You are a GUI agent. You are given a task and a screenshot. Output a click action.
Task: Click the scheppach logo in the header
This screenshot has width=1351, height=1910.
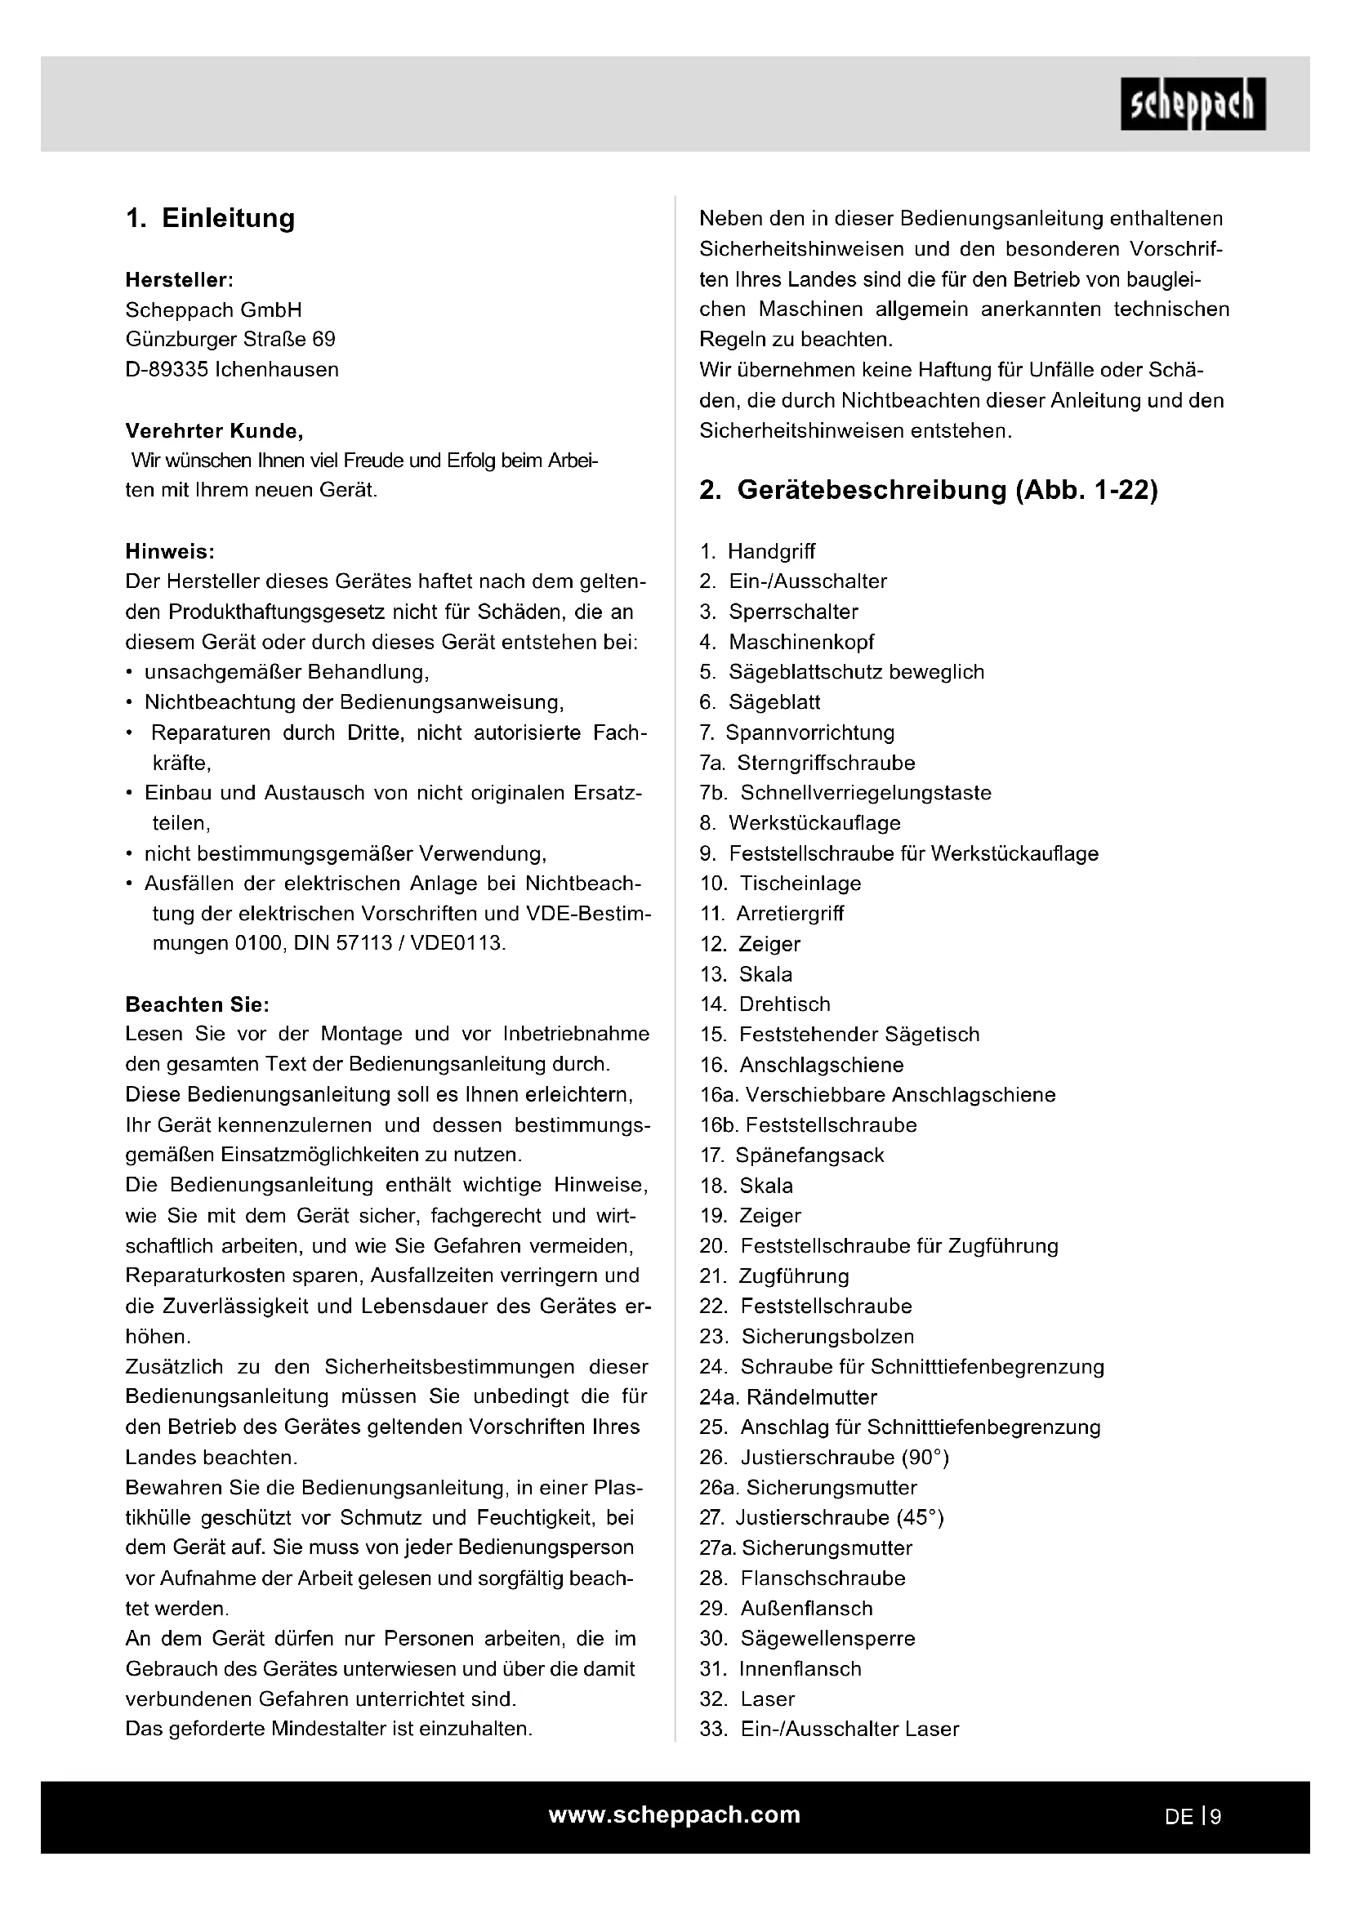point(1193,104)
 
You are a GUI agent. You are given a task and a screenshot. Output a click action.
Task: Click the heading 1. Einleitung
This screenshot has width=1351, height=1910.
point(211,218)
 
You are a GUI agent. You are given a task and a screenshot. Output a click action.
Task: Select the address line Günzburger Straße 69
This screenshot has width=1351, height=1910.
point(230,340)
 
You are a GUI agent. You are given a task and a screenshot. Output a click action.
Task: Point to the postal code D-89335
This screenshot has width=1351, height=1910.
point(167,369)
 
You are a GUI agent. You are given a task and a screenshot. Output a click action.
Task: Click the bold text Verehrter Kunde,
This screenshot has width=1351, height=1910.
point(214,431)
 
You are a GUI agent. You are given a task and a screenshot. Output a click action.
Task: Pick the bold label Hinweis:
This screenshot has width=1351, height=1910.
point(170,551)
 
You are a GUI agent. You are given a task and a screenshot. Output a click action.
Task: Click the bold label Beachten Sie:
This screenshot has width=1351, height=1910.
point(197,1004)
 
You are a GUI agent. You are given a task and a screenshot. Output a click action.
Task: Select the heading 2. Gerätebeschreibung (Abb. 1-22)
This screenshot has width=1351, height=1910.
point(929,490)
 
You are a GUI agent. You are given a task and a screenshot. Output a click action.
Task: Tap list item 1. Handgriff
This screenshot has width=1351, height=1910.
point(758,551)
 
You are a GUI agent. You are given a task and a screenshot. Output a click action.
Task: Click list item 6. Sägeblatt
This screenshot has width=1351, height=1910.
point(760,702)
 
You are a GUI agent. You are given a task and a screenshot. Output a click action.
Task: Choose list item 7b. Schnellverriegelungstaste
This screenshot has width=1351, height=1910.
point(845,793)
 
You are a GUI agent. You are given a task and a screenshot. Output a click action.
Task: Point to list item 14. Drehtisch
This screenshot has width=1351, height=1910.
point(765,1004)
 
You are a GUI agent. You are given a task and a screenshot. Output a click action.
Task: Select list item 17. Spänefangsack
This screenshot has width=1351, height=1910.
point(792,1155)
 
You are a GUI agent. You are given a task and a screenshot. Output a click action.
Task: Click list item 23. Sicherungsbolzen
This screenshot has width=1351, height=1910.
point(807,1336)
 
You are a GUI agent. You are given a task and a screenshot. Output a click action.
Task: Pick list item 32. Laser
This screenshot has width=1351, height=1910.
point(747,1699)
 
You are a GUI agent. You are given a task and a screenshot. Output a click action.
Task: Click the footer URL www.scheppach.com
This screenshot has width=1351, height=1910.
point(675,1814)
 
